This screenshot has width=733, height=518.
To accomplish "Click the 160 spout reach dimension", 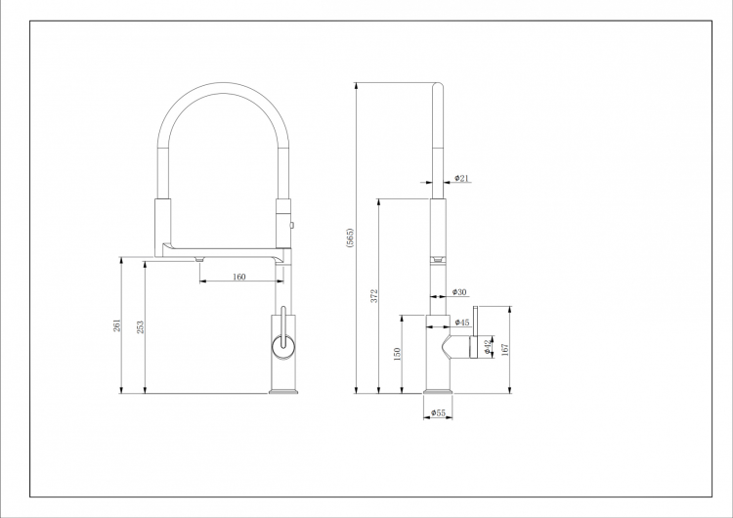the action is (238, 277).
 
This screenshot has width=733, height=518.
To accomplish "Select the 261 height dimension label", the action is (117, 325).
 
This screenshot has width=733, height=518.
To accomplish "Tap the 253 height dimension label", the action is (140, 326).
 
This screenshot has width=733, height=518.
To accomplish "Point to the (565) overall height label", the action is (350, 237).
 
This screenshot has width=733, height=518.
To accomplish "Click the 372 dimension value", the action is (374, 296).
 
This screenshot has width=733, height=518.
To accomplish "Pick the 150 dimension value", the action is (398, 354).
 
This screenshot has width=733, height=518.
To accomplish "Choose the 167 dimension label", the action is (505, 350).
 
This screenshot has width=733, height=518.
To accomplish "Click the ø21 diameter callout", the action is (461, 178).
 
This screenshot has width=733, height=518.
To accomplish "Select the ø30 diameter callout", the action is (459, 292).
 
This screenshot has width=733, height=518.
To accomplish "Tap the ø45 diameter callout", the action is (462, 323).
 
